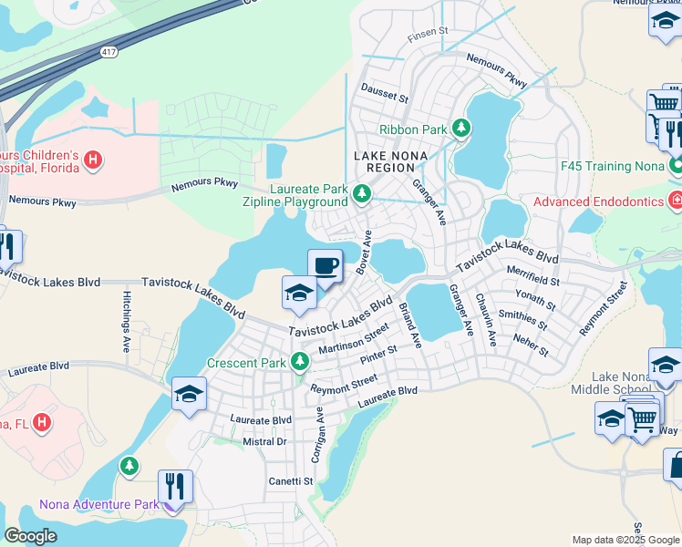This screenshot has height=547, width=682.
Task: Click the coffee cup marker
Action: tap(325, 266)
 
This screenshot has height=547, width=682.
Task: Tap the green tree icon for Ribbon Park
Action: tap(462, 129)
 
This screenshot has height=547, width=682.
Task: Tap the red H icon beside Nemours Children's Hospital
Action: tap(92, 161)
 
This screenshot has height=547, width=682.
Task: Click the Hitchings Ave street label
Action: tap(126, 321)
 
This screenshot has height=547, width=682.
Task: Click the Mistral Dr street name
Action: tap(264, 441)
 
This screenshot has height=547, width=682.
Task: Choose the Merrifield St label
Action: tap(533, 281)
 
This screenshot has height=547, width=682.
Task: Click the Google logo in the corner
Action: tap(30, 536)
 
